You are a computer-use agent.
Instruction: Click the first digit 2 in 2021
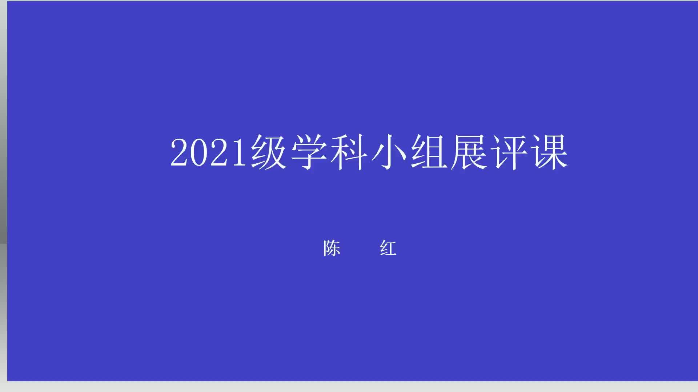pyautogui.click(x=180, y=152)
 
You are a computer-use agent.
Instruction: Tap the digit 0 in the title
pyautogui.click(x=200, y=152)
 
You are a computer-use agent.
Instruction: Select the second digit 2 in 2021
pyautogui.click(x=220, y=152)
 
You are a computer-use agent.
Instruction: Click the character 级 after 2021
pyautogui.click(x=269, y=152)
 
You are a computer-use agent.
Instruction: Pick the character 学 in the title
pyautogui.click(x=309, y=152)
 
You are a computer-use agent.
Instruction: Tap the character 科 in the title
pyautogui.click(x=349, y=152)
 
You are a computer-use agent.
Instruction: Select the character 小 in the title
pyautogui.click(x=389, y=152)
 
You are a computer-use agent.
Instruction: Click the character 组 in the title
pyautogui.click(x=429, y=152)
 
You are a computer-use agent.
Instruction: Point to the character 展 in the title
pyautogui.click(x=469, y=152)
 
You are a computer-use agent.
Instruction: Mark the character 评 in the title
pyautogui.click(x=509, y=152)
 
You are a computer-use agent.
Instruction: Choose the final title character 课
pyautogui.click(x=549, y=152)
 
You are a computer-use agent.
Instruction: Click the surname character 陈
pyautogui.click(x=332, y=249)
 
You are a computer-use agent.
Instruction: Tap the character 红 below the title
pyautogui.click(x=388, y=249)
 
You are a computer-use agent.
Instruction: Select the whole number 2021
pyautogui.click(x=209, y=152)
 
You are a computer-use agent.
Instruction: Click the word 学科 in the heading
pyautogui.click(x=329, y=152)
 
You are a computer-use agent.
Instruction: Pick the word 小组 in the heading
pyautogui.click(x=409, y=152)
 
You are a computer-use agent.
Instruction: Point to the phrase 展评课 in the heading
pyautogui.click(x=509, y=152)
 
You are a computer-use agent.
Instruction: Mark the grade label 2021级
pyautogui.click(x=229, y=152)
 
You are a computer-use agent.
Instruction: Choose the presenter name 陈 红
pyautogui.click(x=360, y=249)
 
